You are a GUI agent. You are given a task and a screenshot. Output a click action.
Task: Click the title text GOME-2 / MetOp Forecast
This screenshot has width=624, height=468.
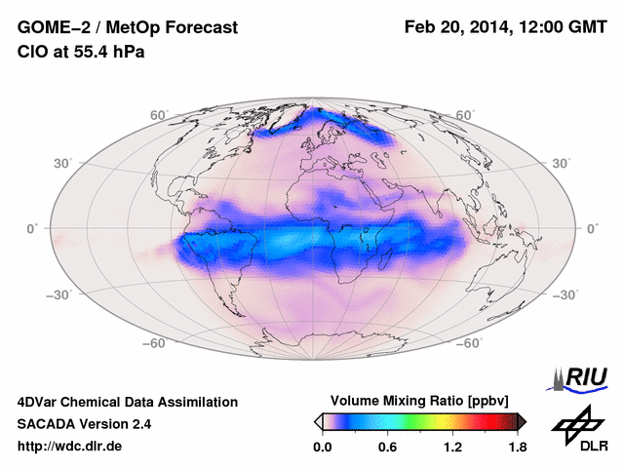(127, 28)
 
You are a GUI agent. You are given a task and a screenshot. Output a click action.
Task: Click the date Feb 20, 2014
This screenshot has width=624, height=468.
(456, 28)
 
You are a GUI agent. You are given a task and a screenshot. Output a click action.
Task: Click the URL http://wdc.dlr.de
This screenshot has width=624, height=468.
(70, 447)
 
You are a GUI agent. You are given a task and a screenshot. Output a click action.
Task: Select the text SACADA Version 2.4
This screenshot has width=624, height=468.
(84, 424)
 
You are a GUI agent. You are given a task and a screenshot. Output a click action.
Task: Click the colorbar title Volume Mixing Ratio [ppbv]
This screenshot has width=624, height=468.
(420, 401)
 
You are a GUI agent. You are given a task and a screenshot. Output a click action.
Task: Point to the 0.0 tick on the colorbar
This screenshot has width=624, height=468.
(323, 447)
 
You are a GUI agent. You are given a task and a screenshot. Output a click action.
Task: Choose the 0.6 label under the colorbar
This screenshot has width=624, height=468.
(387, 447)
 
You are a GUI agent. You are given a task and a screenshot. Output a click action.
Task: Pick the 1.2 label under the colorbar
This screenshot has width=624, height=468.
(452, 447)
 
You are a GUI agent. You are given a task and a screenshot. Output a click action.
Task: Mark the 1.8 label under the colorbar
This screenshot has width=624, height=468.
(517, 447)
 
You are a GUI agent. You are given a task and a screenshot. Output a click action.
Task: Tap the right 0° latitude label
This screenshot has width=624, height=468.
(592, 227)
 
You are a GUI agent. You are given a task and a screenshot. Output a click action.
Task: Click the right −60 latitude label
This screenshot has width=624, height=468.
(470, 343)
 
